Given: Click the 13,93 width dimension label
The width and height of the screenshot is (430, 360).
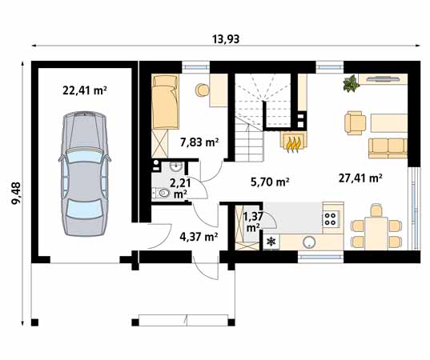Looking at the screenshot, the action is click(226, 39).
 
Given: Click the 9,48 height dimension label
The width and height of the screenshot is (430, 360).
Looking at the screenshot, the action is click(16, 193).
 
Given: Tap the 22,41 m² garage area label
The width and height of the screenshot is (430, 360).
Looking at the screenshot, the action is click(84, 90).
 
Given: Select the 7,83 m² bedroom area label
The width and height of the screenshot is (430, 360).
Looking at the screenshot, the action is click(199, 142).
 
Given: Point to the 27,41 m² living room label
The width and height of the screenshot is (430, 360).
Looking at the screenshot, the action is click(360, 178).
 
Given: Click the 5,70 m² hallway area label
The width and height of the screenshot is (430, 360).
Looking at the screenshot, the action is click(270, 182).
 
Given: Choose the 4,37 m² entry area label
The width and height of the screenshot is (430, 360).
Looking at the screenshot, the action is click(199, 236).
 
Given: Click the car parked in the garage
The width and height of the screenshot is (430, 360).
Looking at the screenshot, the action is click(84, 174).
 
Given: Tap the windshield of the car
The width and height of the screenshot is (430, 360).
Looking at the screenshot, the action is click(84, 157).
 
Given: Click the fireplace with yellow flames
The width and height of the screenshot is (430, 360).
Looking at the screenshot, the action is click(294, 142).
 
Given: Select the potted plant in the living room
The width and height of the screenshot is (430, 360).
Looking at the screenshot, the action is click(351, 83).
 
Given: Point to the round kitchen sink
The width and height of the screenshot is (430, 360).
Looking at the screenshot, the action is click(309, 242).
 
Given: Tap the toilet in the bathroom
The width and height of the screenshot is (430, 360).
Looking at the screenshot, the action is click(162, 193).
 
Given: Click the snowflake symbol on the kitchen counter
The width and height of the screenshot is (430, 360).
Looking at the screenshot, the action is click(271, 242).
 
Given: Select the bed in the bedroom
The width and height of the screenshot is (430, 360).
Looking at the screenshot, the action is click(166, 102).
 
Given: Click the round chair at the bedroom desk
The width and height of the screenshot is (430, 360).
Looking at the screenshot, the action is click(202, 90).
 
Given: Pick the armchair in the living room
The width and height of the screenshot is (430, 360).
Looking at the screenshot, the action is click(356, 122).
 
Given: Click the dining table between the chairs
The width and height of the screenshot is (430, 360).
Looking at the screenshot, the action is click(376, 233).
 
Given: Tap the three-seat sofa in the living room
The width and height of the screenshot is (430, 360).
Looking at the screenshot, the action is click(388, 148).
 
